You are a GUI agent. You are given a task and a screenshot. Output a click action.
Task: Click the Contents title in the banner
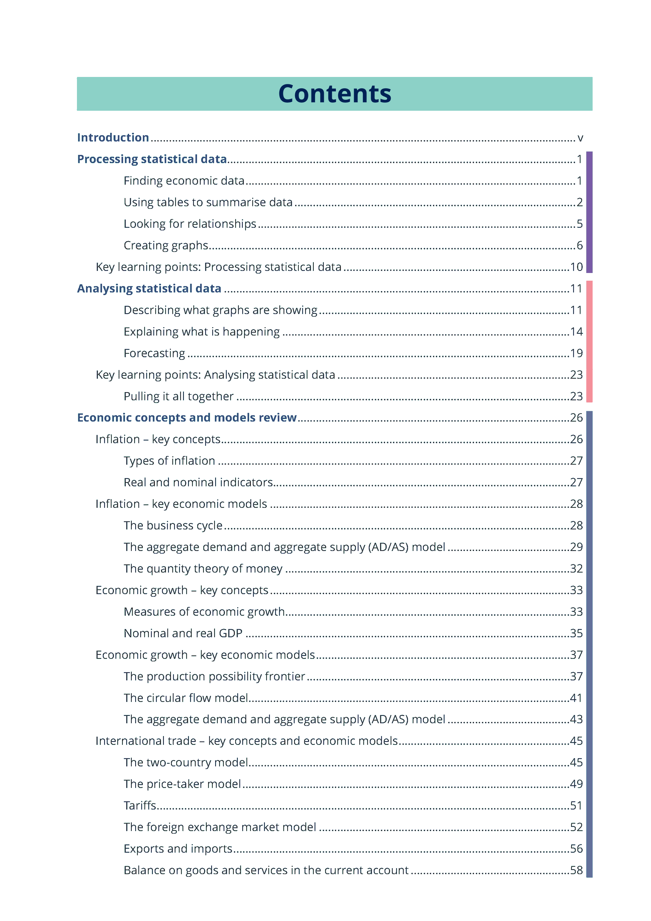tap(335, 94)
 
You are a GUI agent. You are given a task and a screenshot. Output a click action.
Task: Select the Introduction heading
tap(113, 137)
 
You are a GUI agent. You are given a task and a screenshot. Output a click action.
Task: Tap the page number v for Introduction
tap(580, 138)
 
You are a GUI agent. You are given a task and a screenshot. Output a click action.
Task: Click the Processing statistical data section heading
tap(152, 159)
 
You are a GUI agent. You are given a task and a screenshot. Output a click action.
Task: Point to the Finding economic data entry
tap(184, 181)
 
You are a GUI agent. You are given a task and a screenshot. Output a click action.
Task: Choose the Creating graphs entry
tap(166, 246)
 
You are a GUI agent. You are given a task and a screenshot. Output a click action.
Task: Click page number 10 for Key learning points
tap(576, 267)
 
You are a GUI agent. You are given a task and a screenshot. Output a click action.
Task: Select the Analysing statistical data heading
tap(149, 288)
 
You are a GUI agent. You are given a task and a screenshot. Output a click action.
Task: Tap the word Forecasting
tap(155, 353)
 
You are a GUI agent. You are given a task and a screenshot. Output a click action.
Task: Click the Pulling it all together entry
tap(179, 396)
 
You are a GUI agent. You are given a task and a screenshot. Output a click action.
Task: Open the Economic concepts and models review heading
tap(187, 418)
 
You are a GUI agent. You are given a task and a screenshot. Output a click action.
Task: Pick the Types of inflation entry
tap(169, 461)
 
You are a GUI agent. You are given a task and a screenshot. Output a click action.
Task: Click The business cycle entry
tap(173, 526)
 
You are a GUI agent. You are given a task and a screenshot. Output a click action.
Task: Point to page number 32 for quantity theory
tap(576, 569)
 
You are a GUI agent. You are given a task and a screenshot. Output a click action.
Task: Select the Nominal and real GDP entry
tap(183, 633)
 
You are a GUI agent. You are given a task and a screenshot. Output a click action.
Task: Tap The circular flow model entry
tap(186, 698)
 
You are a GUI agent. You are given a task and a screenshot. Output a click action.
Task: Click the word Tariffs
tap(139, 806)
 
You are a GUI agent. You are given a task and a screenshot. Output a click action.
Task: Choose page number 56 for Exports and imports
tap(576, 849)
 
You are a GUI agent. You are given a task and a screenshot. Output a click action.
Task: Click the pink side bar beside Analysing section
tap(589, 341)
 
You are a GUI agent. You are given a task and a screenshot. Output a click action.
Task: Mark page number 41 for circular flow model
tap(576, 698)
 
